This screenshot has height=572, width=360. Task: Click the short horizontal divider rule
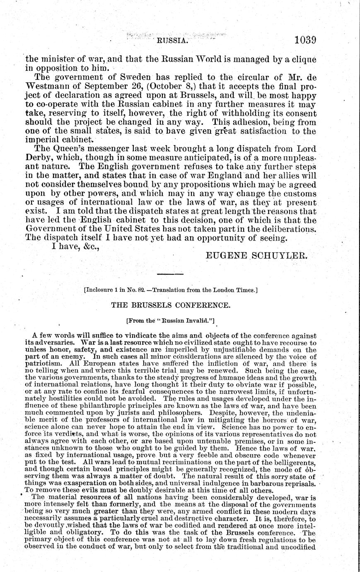[x=170, y=274]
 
